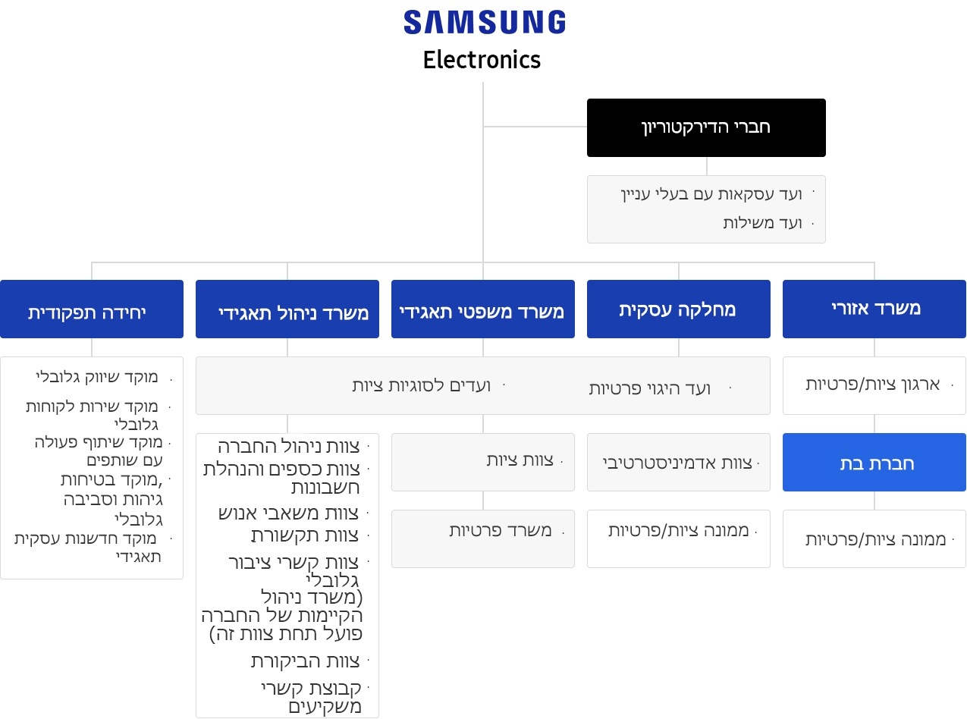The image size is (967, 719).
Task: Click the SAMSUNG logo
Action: coord(484,22)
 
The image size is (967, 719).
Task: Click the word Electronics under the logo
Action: coord(482,60)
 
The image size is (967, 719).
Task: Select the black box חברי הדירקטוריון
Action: coord(706,127)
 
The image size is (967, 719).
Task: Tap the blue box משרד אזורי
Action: coord(874,309)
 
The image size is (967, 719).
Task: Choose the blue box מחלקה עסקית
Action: coord(678,309)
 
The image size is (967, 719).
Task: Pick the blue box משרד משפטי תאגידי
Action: coord(482,309)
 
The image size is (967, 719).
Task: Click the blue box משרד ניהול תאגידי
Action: coord(287,309)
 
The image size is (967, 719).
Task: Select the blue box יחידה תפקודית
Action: coord(92,309)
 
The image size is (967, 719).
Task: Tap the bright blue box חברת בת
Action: coord(874,462)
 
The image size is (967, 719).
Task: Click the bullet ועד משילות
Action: coord(762,223)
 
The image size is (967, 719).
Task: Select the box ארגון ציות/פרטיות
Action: coord(874,385)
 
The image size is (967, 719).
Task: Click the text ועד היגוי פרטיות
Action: coord(650,388)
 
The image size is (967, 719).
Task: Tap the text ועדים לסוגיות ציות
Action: coord(421,385)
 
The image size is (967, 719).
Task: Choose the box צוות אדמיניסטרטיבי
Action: coord(678,462)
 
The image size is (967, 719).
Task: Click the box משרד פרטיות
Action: coord(482,539)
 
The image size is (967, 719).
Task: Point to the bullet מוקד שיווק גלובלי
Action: coord(97,377)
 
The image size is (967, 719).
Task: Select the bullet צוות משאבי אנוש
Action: coord(289,513)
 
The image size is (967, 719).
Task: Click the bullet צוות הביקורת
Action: coord(305,661)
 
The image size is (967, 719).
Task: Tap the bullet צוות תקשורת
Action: coord(305,535)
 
